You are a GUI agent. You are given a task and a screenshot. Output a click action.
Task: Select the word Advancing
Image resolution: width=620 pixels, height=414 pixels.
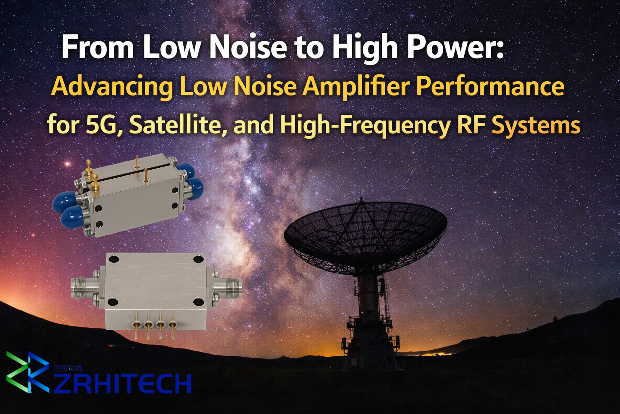pyautogui.click(x=112, y=87)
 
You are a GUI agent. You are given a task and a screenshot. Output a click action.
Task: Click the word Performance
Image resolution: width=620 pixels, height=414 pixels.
pyautogui.click(x=490, y=87)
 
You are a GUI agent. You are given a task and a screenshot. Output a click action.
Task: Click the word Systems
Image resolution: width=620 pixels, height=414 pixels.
pyautogui.click(x=536, y=125)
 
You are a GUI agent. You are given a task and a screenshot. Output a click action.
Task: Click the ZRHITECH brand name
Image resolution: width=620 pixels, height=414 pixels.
pyautogui.click(x=122, y=384)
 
